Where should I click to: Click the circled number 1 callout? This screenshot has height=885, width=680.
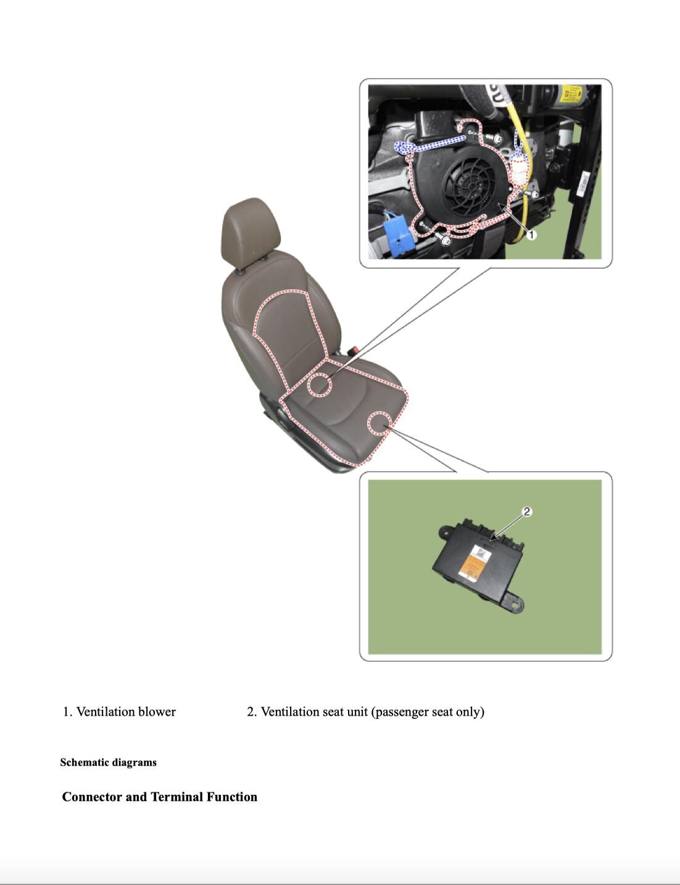pyautogui.click(x=531, y=235)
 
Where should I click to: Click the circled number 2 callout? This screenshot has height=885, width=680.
pyautogui.click(x=527, y=511)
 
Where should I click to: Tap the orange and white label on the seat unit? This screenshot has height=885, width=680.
pyautogui.click(x=475, y=563)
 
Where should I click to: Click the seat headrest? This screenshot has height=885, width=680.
pyautogui.click(x=250, y=231)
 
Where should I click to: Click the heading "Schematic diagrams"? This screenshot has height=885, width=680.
pyautogui.click(x=109, y=762)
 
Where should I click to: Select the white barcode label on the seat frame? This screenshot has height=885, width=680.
pyautogui.click(x=585, y=178)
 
